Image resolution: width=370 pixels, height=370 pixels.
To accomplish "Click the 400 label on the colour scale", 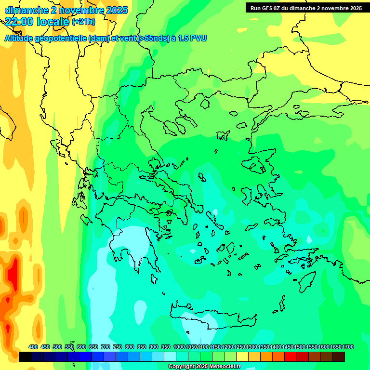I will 33,347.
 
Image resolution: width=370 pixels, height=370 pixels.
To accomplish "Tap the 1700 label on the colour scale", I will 349,347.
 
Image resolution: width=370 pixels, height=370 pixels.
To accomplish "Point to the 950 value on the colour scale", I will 166,347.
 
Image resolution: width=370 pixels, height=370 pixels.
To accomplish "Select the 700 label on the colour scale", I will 106,347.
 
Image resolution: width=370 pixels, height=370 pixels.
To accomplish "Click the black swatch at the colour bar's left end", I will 26,357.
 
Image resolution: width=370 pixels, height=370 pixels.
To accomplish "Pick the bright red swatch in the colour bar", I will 291,357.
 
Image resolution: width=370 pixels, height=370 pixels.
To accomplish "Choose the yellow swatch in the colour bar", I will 242,357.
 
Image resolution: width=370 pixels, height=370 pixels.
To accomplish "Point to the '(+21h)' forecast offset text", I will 83,22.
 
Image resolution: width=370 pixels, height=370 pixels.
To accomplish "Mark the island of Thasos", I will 205,104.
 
